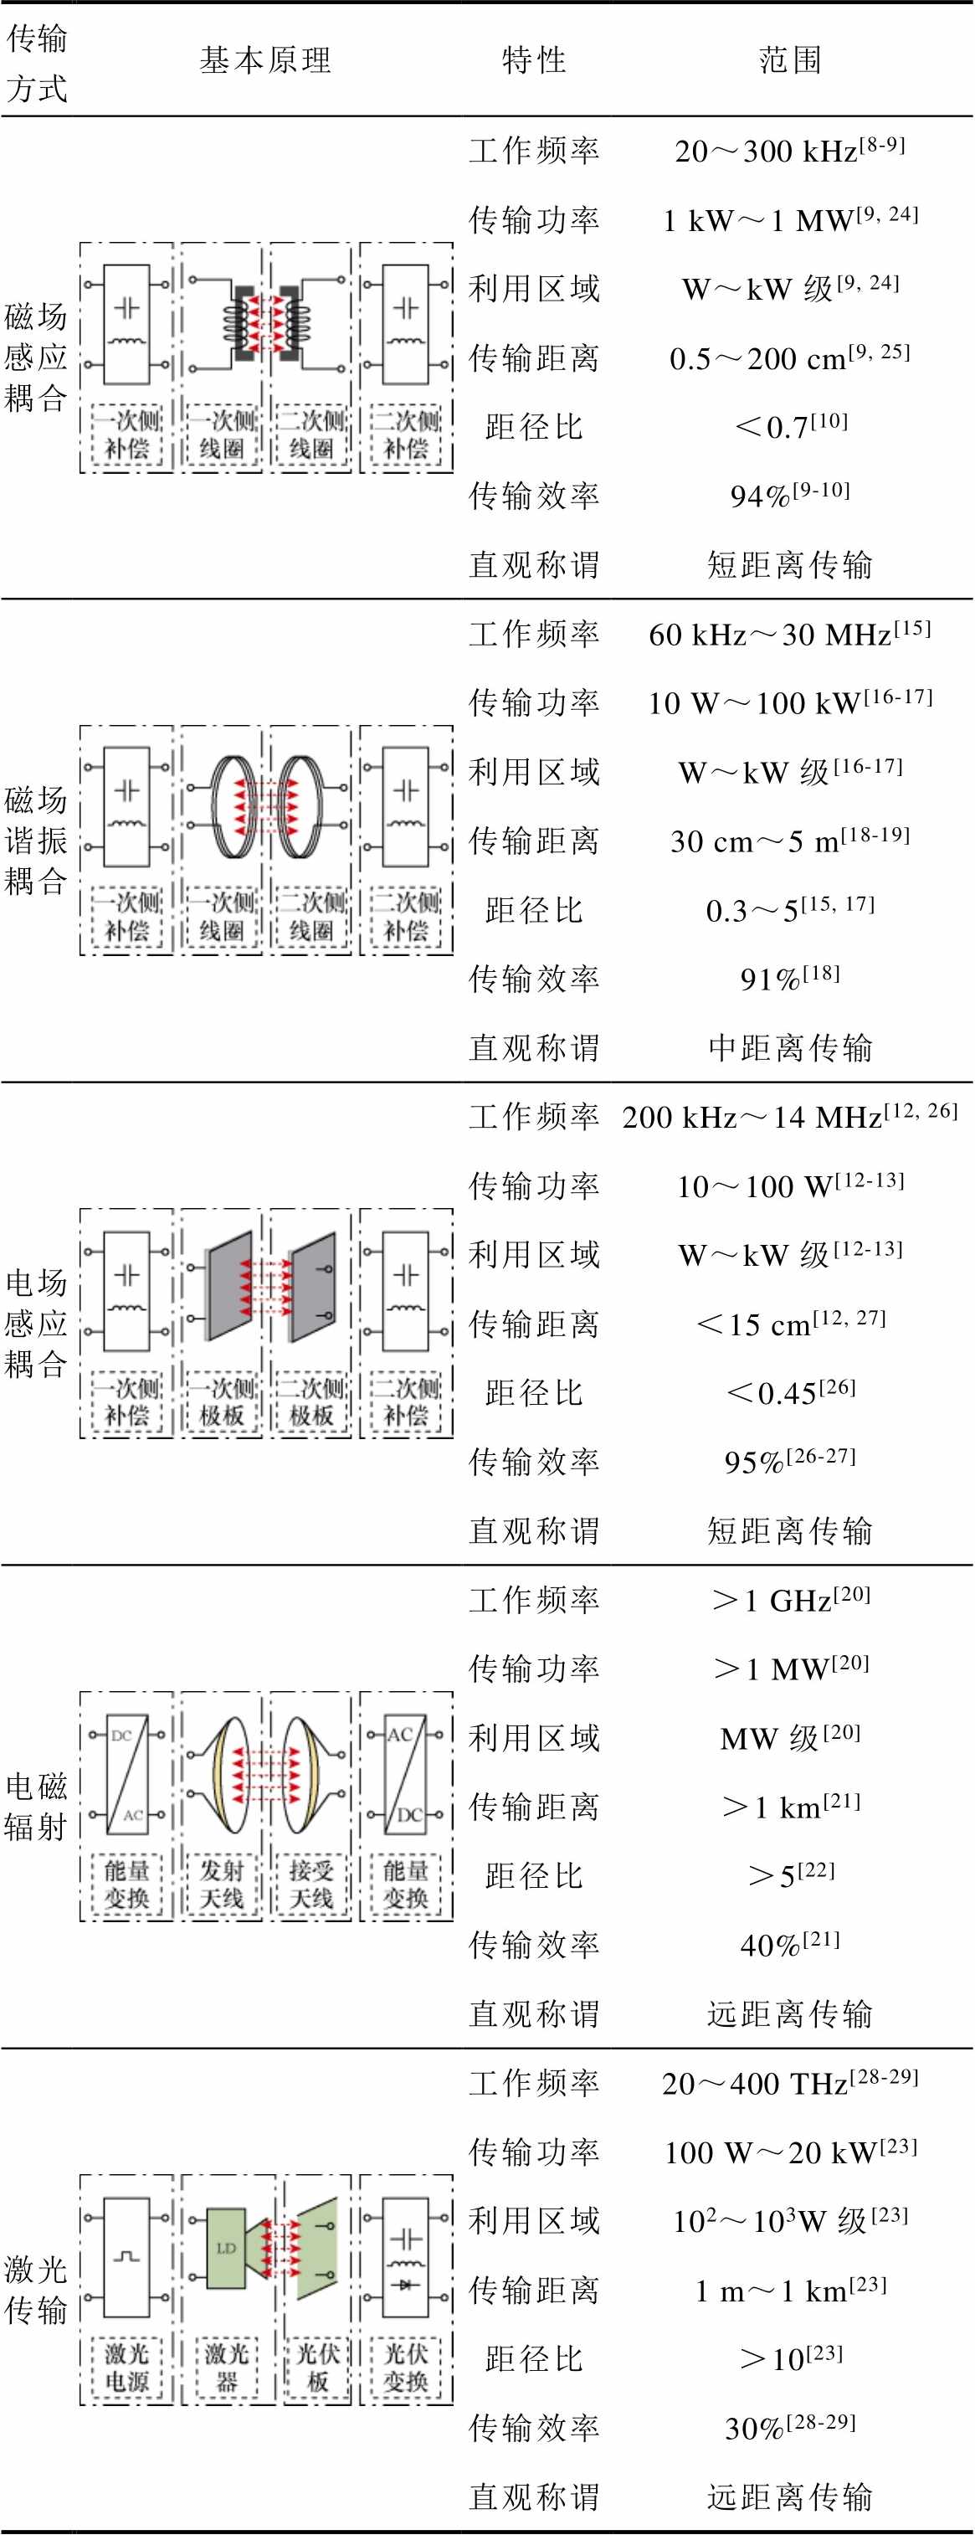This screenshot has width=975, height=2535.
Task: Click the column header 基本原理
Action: tap(265, 60)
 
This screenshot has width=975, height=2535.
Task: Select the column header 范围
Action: tap(790, 60)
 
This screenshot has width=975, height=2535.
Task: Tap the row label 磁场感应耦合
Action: tap(35, 357)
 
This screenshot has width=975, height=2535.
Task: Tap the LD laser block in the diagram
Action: tap(226, 2248)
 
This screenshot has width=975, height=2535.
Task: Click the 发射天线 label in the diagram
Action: tap(222, 1884)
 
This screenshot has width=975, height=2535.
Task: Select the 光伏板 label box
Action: tap(317, 2367)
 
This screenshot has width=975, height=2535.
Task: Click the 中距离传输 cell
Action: tap(790, 1047)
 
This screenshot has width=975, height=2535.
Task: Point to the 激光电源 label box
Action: tap(127, 2367)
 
